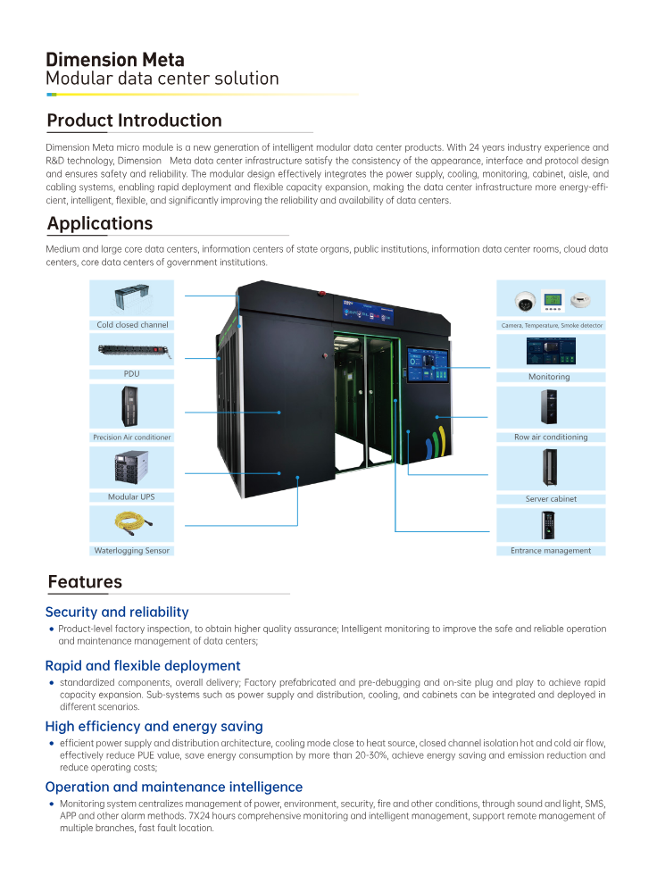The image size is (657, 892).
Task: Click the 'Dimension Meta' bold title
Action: tap(115, 60)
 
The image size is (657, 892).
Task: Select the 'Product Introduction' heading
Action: tap(134, 121)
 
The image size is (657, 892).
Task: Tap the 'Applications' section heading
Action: tap(100, 223)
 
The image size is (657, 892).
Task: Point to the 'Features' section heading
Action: tap(85, 582)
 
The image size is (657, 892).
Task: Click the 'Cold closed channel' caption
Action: tap(132, 325)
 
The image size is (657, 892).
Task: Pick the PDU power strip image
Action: tap(132, 349)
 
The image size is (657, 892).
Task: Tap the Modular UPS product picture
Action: tap(133, 468)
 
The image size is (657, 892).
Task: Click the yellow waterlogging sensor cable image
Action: tap(132, 522)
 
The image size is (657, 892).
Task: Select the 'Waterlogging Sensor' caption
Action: tap(132, 551)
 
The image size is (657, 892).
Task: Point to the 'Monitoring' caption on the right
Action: tap(549, 377)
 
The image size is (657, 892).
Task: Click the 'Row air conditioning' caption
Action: tap(551, 438)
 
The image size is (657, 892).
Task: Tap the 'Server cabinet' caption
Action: tap(551, 499)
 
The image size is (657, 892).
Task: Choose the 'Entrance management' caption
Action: tap(551, 551)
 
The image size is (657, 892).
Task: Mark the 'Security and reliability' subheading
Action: tap(117, 613)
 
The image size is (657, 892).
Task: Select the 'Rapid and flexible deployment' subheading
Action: tap(143, 666)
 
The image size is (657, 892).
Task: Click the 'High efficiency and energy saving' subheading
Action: tap(154, 727)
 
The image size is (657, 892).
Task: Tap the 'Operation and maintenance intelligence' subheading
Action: tap(174, 788)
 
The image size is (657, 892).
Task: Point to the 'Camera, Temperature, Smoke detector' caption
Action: tap(551, 326)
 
